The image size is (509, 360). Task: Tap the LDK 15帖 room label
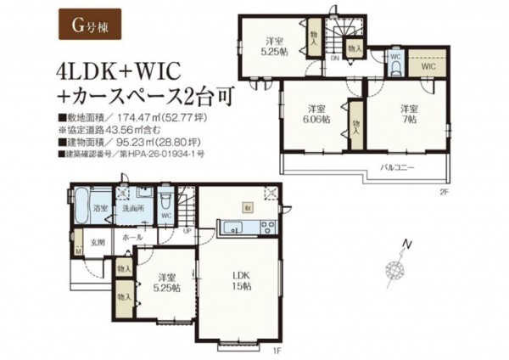pos(243,281)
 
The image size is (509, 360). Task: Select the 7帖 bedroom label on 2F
pos(410,113)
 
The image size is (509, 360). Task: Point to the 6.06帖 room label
pos(316,113)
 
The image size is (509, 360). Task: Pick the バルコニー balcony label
pos(396,168)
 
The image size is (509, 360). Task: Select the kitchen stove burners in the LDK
pos(267,225)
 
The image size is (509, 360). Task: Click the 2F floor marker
pos(441,192)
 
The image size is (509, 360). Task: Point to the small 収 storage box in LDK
pos(247,206)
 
